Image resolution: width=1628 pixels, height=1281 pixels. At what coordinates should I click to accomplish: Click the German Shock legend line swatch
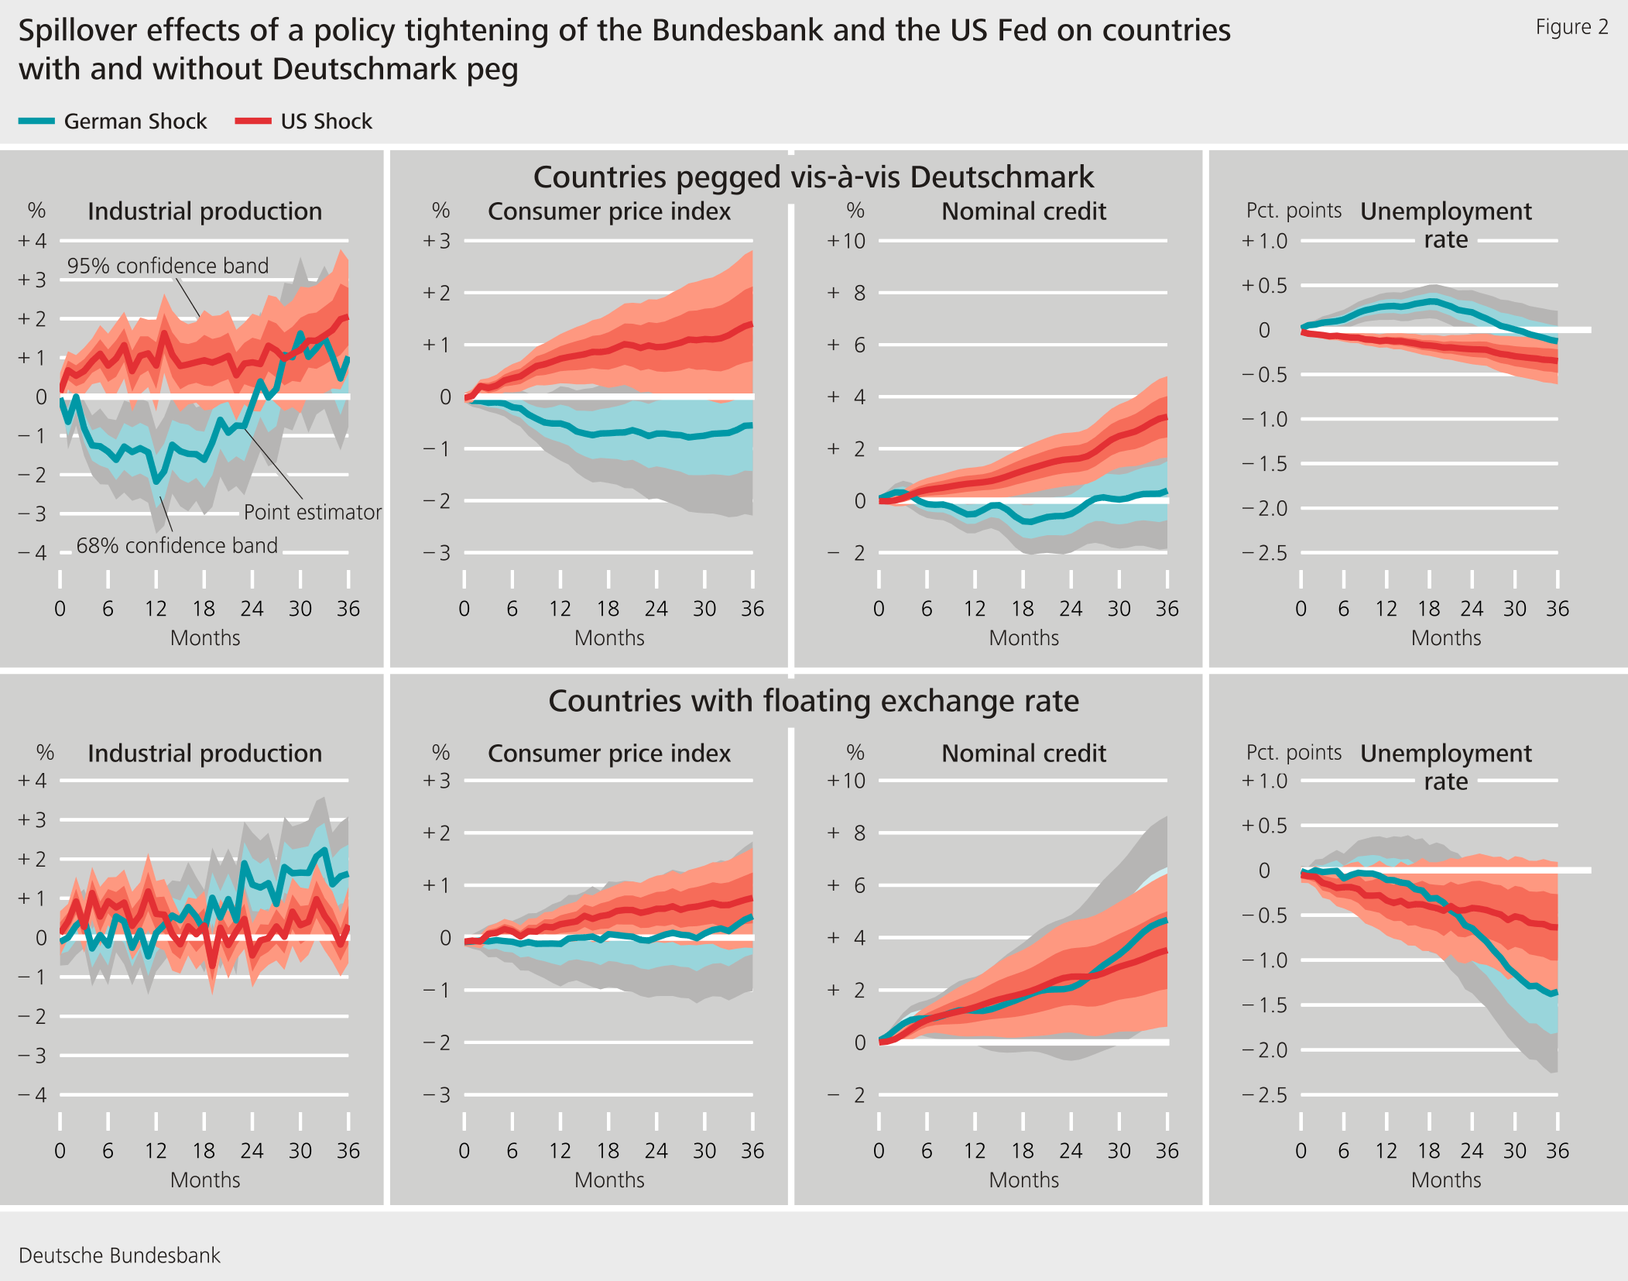point(36,122)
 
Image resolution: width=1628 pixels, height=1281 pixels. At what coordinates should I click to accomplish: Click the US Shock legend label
point(326,122)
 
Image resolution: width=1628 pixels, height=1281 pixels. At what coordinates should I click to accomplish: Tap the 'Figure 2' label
point(1571,27)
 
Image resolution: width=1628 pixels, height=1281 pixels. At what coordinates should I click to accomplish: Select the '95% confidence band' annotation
point(167,266)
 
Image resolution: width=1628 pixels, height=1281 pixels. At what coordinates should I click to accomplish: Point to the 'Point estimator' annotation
point(312,512)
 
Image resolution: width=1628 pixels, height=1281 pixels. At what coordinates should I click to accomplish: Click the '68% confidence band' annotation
point(177,545)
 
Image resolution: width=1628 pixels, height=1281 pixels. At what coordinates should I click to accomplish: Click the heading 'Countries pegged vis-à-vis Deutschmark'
point(813,177)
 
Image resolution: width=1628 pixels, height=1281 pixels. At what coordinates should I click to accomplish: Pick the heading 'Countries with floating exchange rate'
point(813,701)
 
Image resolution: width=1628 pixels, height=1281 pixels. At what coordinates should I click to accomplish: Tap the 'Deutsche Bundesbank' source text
point(119,1255)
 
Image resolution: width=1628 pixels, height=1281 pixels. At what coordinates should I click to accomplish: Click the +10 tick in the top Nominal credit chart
point(846,241)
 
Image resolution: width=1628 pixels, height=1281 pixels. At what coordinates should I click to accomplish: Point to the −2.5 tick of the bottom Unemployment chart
point(1264,1095)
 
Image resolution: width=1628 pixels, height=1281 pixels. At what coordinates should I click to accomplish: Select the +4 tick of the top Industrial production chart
point(33,241)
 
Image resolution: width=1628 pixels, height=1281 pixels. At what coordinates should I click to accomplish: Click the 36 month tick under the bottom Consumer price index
point(752,1151)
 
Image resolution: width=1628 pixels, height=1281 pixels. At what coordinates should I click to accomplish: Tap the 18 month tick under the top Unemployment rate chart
point(1428,609)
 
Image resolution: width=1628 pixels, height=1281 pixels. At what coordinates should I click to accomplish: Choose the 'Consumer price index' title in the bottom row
point(608,753)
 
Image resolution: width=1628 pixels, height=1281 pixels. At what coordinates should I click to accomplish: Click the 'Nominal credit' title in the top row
point(1023,211)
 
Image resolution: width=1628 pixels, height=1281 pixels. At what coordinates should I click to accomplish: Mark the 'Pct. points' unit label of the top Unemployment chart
point(1293,211)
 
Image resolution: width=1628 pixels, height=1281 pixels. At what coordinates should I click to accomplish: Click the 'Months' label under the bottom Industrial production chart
point(205,1180)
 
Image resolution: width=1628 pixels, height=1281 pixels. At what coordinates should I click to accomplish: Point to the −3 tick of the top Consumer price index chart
point(437,553)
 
